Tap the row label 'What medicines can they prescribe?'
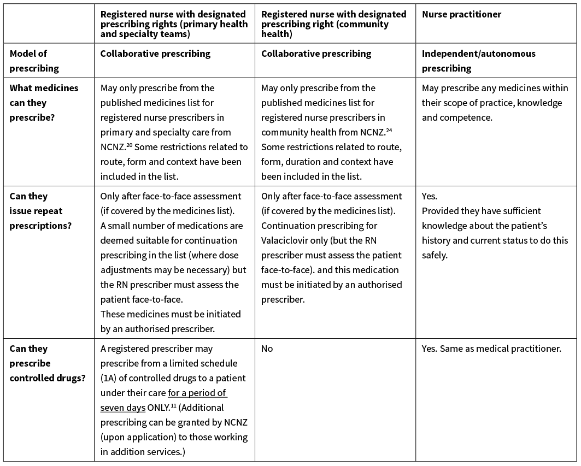pyautogui.click(x=44, y=103)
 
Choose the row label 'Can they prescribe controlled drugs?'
pyautogui.click(x=46, y=363)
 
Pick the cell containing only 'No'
pyautogui.click(x=267, y=349)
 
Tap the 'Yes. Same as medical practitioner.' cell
pyautogui.click(x=491, y=349)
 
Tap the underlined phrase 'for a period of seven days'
pyautogui.click(x=164, y=400)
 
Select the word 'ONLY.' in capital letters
pyautogui.click(x=159, y=408)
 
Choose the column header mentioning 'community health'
pyautogui.click(x=333, y=24)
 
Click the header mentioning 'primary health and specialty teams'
pyautogui.click(x=174, y=24)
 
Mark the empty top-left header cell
pyautogui.click(x=49, y=22)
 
